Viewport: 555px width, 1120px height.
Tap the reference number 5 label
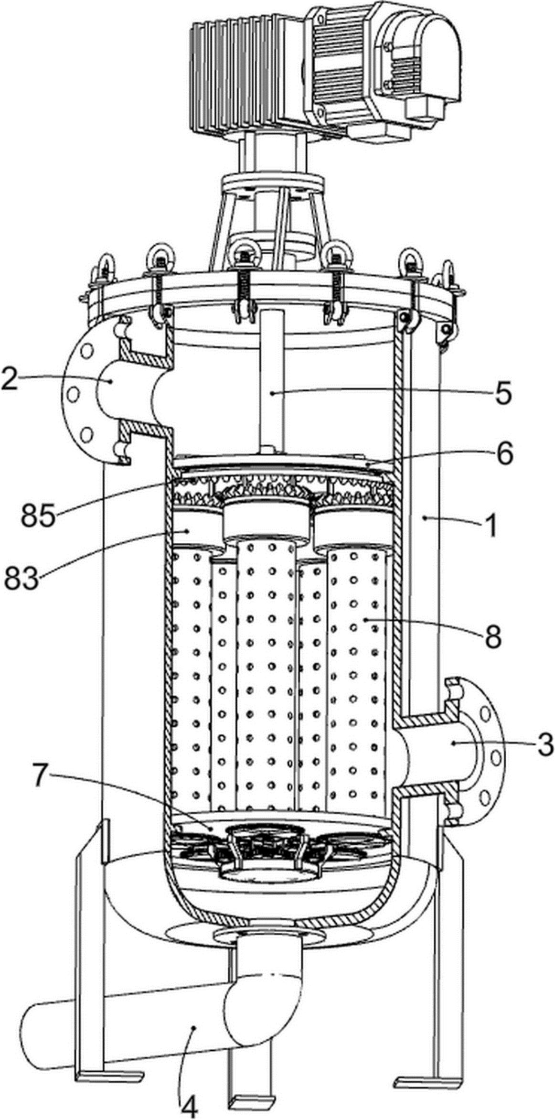click(502, 392)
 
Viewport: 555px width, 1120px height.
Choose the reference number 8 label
click(492, 635)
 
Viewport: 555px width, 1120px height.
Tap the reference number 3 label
click(543, 743)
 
